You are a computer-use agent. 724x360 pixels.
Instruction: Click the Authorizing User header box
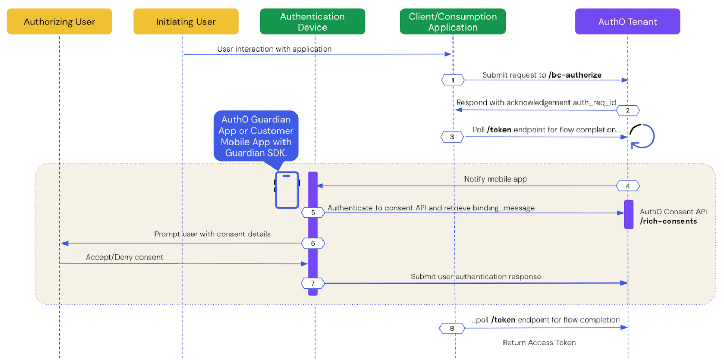[59, 22]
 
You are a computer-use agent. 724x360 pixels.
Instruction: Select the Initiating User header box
[186, 22]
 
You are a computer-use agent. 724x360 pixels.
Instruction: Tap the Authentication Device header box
[312, 22]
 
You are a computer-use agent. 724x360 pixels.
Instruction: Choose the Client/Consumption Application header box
[452, 22]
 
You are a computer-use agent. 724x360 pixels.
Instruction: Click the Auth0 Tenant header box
[627, 22]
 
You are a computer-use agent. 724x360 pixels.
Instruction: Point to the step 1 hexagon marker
[453, 80]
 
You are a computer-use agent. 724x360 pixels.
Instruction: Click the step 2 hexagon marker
[628, 110]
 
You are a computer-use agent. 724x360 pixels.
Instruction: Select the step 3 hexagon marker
[452, 137]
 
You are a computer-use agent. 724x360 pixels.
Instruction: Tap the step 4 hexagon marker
[628, 186]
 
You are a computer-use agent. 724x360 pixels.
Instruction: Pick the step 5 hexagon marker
[313, 213]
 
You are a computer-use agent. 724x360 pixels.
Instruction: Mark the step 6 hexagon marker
[313, 243]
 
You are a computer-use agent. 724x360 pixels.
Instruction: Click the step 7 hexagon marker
[313, 284]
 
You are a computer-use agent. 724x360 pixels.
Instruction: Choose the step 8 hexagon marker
[452, 328]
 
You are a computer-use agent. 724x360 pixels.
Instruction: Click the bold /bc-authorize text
[575, 75]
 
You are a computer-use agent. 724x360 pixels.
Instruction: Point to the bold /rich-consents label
[668, 221]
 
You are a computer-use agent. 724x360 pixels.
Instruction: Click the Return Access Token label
[539, 342]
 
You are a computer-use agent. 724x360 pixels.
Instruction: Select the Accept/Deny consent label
[124, 257]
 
